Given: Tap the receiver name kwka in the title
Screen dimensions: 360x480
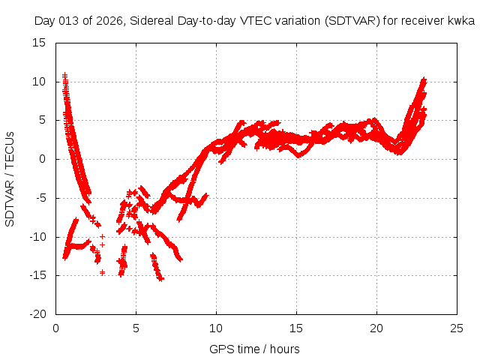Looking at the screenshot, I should (462, 21).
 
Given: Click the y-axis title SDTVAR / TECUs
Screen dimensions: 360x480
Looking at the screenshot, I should (10, 178).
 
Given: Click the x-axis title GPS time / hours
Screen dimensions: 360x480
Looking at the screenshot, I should (254, 349).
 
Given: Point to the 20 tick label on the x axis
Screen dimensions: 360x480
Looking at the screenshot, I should (376, 328).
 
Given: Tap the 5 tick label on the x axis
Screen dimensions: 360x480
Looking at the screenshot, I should (136, 328).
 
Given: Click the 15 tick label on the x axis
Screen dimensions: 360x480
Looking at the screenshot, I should (296, 328).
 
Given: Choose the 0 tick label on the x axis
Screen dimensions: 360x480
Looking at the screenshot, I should (56, 328).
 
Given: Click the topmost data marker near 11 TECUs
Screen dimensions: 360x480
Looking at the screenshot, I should (64, 74).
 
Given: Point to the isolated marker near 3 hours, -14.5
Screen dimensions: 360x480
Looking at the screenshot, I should (102, 271).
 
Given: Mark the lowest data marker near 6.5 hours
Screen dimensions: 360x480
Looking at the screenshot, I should (161, 279).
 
